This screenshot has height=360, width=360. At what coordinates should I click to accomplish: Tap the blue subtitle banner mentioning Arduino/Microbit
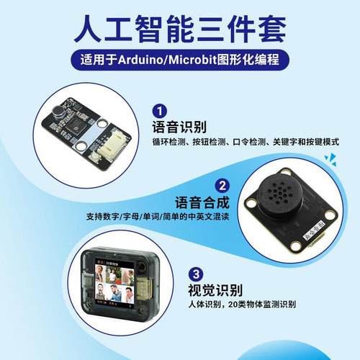point(180,59)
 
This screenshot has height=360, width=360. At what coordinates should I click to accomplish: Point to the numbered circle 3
point(196,274)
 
